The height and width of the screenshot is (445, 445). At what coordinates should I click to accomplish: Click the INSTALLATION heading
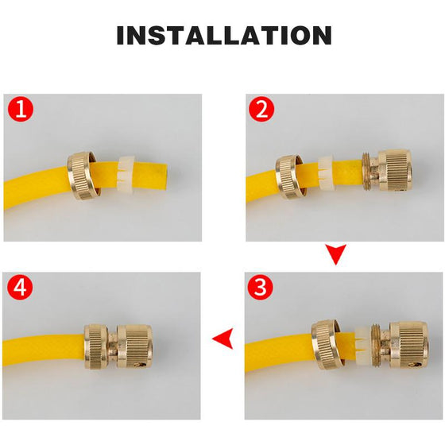pos(224,35)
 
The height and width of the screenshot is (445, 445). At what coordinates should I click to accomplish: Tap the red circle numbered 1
pos(21,109)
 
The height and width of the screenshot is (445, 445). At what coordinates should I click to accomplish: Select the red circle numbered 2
pos(261,110)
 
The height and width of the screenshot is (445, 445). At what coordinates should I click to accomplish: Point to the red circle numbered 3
pos(261,287)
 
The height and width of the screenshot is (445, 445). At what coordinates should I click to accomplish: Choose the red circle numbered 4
pos(20,288)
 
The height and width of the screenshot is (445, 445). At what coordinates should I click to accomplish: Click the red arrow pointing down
pos(335,254)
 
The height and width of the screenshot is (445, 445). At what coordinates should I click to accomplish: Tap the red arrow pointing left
pos(222,339)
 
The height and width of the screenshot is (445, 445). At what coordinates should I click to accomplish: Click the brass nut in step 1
pos(83,176)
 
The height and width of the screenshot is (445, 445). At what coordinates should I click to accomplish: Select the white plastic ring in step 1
pos(126,173)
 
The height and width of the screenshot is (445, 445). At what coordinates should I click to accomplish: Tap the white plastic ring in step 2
pos(326,173)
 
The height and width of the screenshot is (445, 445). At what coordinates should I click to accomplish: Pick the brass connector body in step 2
pos(387,173)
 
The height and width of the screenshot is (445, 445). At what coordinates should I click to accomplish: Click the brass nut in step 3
pos(327,344)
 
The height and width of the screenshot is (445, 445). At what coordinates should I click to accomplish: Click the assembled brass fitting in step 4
pos(118,346)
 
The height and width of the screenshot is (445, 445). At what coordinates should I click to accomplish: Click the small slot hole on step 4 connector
pos(141,364)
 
